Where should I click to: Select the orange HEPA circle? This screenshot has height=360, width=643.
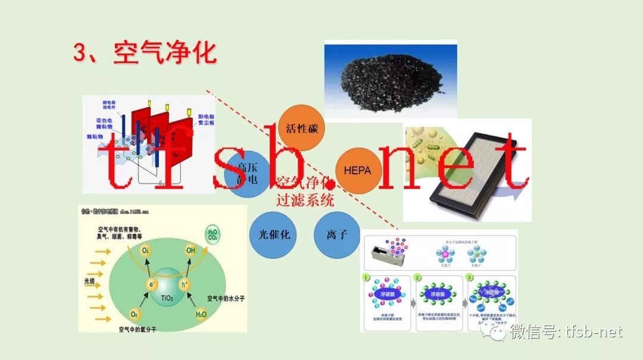click(x=357, y=170)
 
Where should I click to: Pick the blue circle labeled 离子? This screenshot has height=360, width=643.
click(x=337, y=234)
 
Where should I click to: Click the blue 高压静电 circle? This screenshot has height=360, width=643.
click(x=247, y=173)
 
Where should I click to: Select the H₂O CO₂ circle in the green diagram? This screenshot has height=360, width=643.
click(x=212, y=234)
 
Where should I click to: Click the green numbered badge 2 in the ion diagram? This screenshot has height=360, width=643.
click(x=419, y=278)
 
